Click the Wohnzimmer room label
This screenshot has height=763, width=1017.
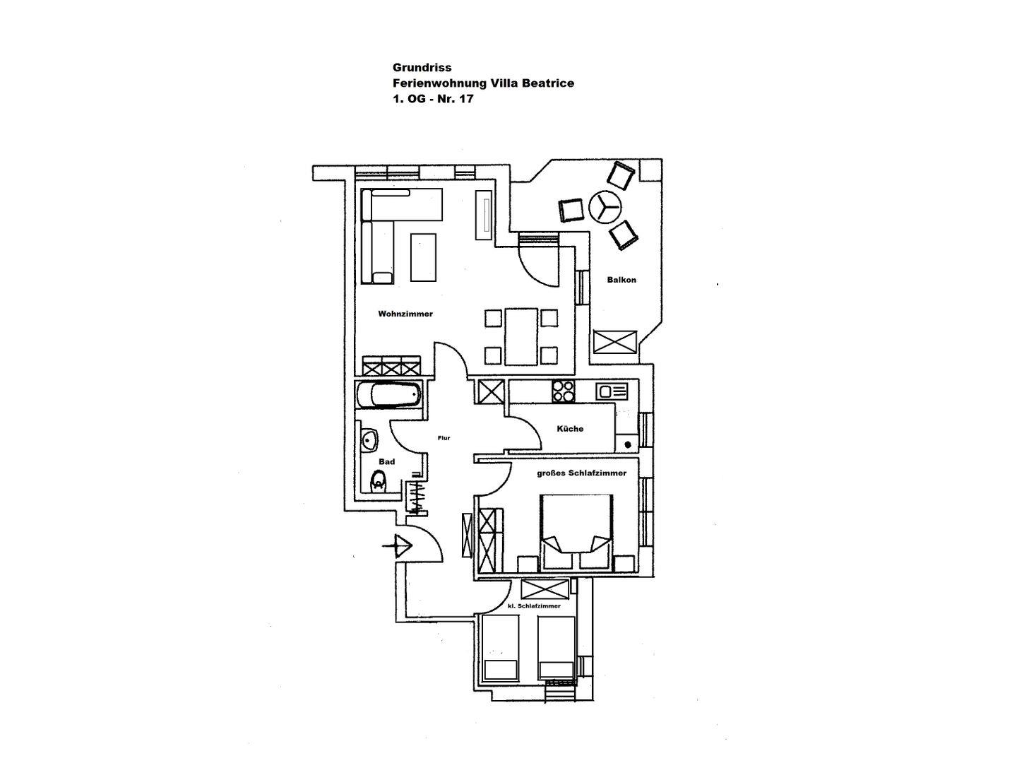(x=405, y=314)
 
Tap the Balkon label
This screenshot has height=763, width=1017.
(x=621, y=280)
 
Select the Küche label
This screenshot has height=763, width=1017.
(x=570, y=429)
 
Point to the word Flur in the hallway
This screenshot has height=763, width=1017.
(x=444, y=438)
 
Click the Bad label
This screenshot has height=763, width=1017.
(x=386, y=461)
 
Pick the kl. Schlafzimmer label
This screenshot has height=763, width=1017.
(x=534, y=606)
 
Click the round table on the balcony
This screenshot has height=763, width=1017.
(x=605, y=206)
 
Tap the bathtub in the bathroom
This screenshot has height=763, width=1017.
(x=389, y=395)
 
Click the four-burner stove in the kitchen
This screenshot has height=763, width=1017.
(x=563, y=391)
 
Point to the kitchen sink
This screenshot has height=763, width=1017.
(x=612, y=391)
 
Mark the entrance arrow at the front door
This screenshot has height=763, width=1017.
(x=398, y=545)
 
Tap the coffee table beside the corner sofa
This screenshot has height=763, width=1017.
(x=424, y=257)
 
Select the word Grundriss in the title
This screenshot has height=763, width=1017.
(x=422, y=67)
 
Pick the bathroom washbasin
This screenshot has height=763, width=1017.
(x=368, y=440)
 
